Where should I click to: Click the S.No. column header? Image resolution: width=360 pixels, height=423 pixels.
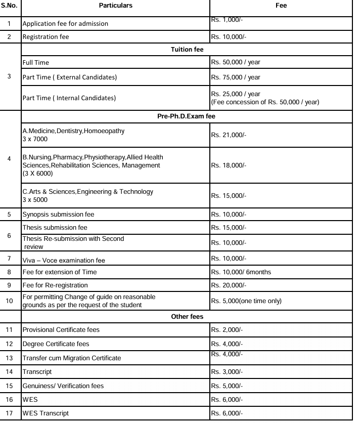click(11, 5)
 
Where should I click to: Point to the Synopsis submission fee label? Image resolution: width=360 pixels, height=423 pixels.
click(58, 214)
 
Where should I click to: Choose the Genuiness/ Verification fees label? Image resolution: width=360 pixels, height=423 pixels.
click(63, 386)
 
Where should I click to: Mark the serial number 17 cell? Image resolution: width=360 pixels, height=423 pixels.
click(11, 413)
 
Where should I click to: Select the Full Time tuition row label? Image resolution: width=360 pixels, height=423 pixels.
click(36, 63)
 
